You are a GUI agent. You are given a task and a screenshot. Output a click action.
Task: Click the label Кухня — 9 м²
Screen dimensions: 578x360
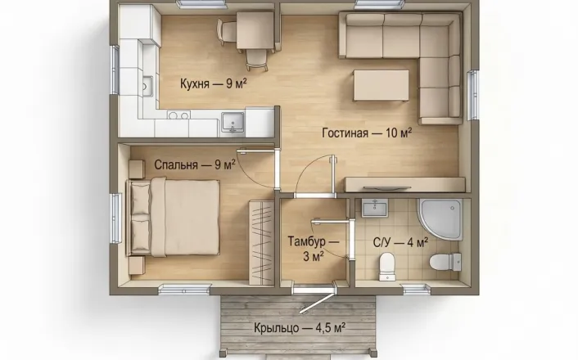(213, 83)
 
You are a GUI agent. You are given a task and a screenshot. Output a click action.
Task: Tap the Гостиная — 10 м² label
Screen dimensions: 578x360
(367, 133)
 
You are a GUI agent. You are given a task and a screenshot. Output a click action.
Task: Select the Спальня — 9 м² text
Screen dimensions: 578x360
(195, 164)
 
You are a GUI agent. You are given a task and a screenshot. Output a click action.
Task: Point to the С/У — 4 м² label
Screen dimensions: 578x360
(400, 243)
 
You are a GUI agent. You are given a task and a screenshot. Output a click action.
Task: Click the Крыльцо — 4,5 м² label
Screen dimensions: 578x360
(300, 327)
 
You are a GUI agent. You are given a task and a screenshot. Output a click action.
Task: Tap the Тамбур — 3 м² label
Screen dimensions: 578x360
(314, 249)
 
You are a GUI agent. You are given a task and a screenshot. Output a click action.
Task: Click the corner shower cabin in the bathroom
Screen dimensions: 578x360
(440, 219)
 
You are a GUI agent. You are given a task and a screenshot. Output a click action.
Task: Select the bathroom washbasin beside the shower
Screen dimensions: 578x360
(374, 208)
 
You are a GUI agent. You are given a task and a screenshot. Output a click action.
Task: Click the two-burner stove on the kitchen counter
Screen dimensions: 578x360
(178, 115)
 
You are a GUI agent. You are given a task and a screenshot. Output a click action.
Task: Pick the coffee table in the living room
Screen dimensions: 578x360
(382, 85)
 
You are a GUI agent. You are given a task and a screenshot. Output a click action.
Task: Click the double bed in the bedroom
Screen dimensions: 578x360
(174, 217)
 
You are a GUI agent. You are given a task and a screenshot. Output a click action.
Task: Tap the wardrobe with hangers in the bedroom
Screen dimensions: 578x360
(261, 242)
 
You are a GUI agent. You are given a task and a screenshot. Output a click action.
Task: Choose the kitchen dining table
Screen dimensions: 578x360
(255, 30)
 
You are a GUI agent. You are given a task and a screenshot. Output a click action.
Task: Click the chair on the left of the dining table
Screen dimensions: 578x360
(227, 32)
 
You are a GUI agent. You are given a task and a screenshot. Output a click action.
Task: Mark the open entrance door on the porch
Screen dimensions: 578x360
(318, 299)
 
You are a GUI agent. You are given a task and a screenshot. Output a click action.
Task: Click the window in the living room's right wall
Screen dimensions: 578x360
(473, 95)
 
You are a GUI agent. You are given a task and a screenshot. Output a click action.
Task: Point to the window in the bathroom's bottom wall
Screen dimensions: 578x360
(417, 290)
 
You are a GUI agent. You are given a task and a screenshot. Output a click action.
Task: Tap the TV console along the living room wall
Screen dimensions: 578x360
(404, 185)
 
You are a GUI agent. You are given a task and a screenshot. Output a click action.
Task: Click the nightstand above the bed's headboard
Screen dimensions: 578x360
(137, 169)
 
